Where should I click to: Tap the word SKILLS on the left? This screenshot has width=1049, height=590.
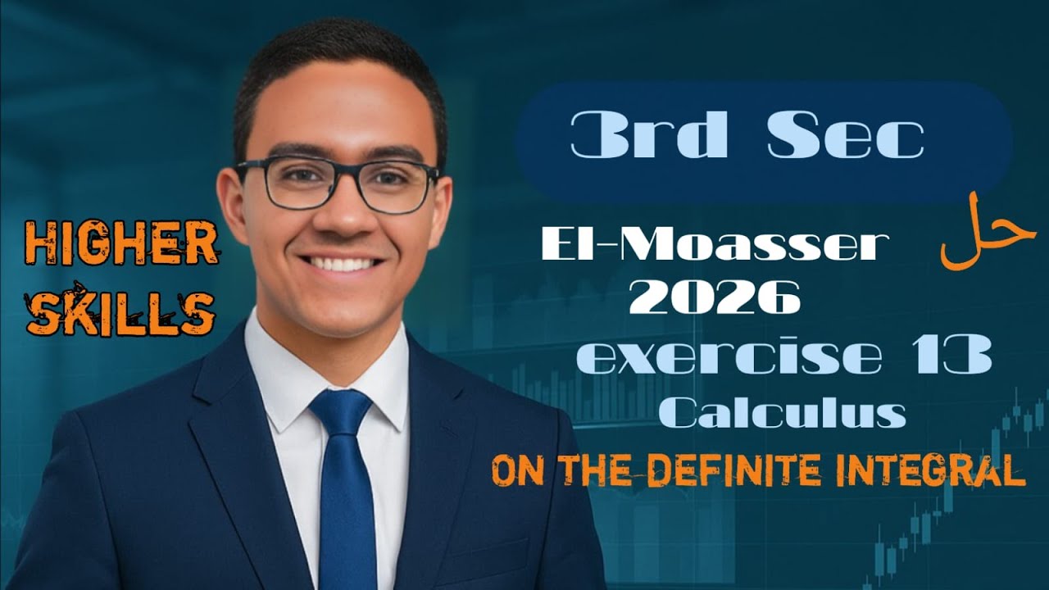pos(121,311)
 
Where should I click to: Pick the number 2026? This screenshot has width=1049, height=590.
pos(714,297)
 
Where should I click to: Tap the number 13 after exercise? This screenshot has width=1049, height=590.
pos(950,359)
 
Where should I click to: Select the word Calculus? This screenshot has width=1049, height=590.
pos(783,414)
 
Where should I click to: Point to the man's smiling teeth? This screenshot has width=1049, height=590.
pos(343,264)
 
